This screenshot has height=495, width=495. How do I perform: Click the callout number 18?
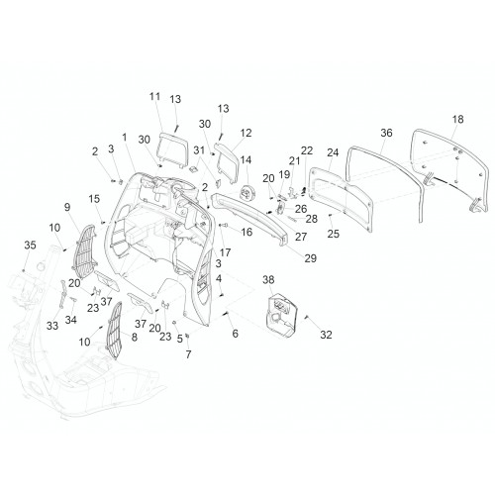click(x=458, y=119)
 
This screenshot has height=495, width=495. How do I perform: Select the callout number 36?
click(x=386, y=133)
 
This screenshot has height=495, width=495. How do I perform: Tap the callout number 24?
click(x=333, y=152)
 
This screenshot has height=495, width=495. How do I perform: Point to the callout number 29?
click(x=311, y=258)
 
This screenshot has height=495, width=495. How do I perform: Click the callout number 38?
click(x=268, y=280)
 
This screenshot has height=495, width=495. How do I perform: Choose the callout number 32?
click(x=326, y=335)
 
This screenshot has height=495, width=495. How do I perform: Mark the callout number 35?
click(x=30, y=246)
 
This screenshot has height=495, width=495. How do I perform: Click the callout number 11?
click(x=154, y=96)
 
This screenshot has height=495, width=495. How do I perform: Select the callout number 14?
click(x=246, y=160)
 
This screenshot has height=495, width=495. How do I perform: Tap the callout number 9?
click(x=67, y=207)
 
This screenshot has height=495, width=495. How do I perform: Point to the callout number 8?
click(x=135, y=337)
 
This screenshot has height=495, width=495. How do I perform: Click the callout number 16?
click(x=247, y=232)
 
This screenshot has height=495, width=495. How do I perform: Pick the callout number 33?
click(x=52, y=326)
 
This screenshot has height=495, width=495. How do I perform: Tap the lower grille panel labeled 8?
click(x=114, y=330)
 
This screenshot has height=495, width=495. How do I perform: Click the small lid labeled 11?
click(x=173, y=151)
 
